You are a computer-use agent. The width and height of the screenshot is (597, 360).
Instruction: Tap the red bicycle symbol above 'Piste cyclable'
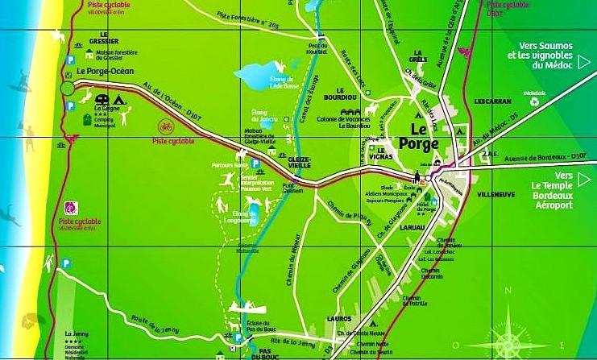click(x=166, y=126)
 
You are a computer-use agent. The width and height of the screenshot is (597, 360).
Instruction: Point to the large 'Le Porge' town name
click(x=424, y=136)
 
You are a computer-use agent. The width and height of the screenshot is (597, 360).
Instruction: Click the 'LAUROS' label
click(x=339, y=320)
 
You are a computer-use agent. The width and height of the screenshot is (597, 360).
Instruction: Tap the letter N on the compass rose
click(x=506, y=292)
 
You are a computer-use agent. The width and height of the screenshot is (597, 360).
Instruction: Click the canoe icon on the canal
click(x=251, y=307)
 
